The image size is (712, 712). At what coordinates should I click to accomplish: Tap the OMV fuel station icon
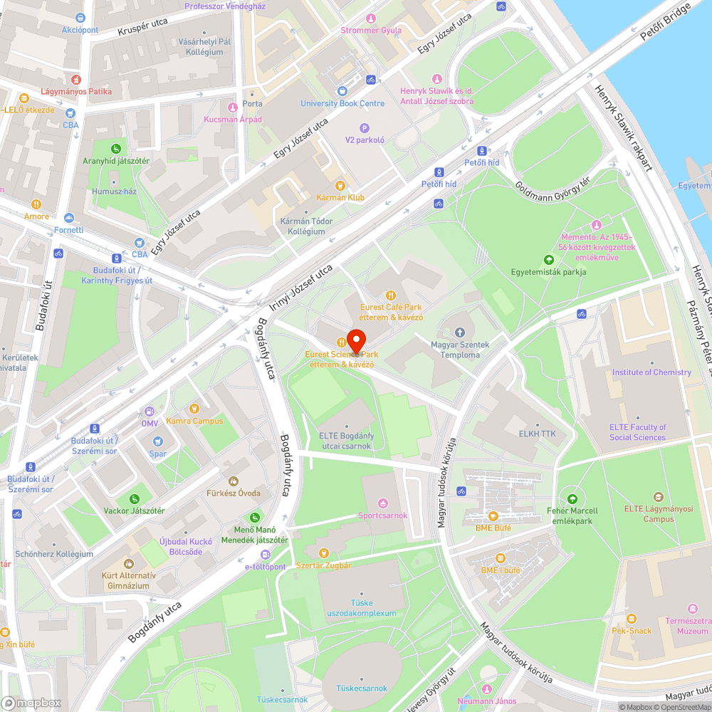[x=150, y=411]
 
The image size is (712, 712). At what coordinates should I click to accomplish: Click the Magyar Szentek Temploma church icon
[x=460, y=333]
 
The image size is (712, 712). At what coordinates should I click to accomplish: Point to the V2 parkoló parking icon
[x=365, y=128]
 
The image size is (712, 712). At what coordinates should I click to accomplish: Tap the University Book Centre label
[x=342, y=103]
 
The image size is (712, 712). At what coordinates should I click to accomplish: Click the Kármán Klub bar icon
[x=341, y=185]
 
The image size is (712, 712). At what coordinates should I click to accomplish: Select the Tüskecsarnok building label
[x=362, y=689]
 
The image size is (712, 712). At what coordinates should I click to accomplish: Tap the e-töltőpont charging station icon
[x=266, y=555]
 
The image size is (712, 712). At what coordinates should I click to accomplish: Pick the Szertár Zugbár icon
[x=323, y=553]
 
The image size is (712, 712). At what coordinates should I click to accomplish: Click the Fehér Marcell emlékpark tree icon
[x=572, y=498]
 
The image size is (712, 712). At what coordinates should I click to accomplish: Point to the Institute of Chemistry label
[x=651, y=372]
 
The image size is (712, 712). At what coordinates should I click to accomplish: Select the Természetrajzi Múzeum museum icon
[x=693, y=609]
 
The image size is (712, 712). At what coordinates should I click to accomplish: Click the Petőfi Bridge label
[x=665, y=26]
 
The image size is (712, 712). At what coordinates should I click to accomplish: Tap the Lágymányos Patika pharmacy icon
[x=76, y=78]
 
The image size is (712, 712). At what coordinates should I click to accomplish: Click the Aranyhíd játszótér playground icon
[x=115, y=148]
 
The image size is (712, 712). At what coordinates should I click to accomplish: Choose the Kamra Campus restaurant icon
[x=194, y=409]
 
